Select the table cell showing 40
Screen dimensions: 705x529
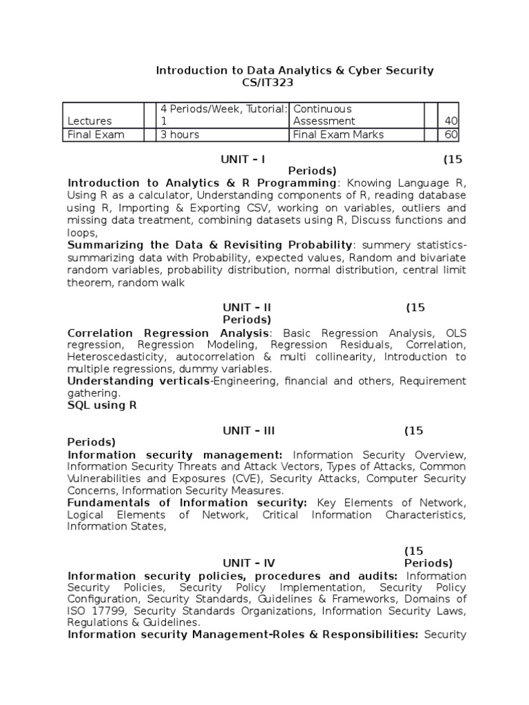(450, 121)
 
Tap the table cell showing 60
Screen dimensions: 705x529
(450, 134)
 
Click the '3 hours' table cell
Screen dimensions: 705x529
(179, 134)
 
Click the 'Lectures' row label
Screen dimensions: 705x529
(90, 121)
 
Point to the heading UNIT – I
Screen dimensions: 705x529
(242, 159)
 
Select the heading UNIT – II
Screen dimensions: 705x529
(247, 307)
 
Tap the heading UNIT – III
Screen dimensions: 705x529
(249, 430)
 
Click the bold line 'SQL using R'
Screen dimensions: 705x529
(102, 406)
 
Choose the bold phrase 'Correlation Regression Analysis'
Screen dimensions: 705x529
(168, 333)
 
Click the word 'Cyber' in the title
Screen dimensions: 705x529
(343, 70)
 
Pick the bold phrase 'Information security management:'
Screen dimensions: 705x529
(175, 455)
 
